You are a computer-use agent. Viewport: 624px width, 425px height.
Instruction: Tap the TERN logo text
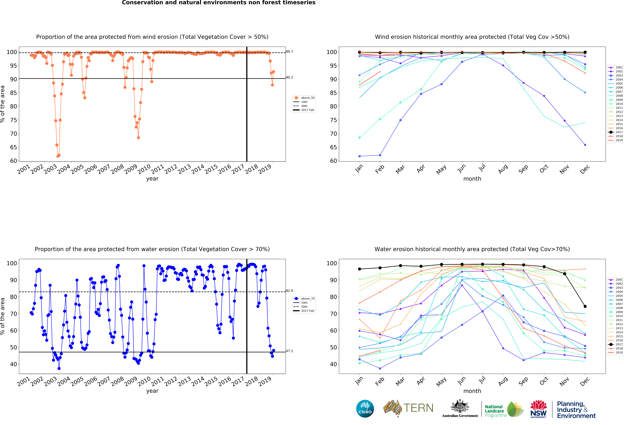pyautogui.click(x=418, y=408)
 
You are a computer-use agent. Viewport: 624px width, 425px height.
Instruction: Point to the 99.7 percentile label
pyautogui.click(x=289, y=52)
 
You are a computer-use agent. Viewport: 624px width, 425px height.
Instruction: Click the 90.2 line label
pyautogui.click(x=289, y=77)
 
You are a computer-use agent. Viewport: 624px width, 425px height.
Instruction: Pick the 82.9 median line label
pyautogui.click(x=289, y=291)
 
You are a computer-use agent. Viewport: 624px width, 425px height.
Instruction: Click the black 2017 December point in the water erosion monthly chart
pyautogui.click(x=585, y=306)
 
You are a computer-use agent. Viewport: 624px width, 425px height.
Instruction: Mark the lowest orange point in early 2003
pyautogui.click(x=58, y=156)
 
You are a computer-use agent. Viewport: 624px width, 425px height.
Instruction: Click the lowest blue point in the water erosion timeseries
pyautogui.click(x=59, y=368)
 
